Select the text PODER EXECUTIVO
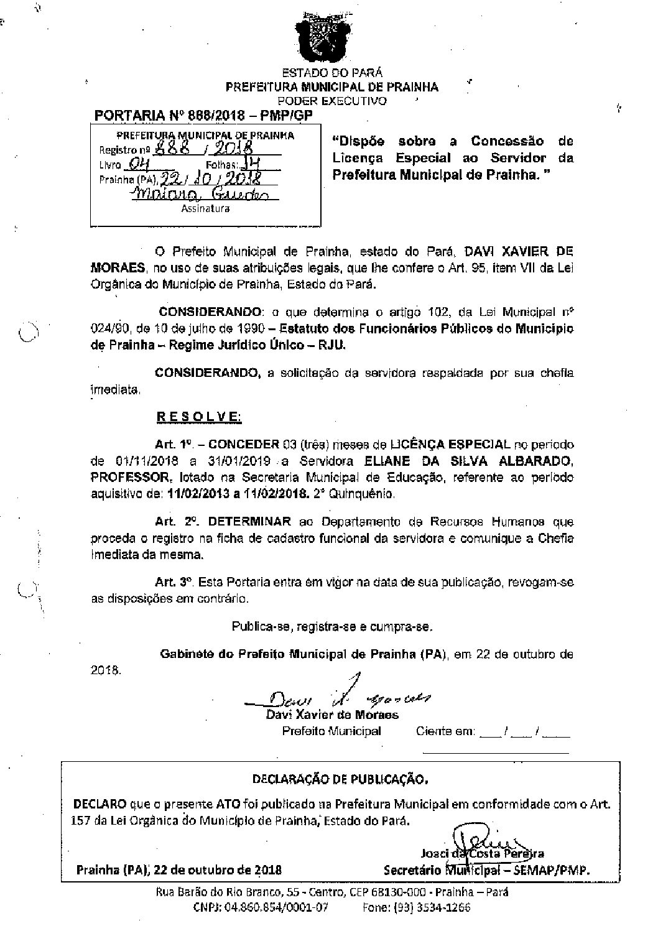(331, 101)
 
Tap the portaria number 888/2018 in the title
(228, 116)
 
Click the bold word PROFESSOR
(131, 478)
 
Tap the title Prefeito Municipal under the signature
(331, 731)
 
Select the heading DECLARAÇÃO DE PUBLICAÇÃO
(340, 779)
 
